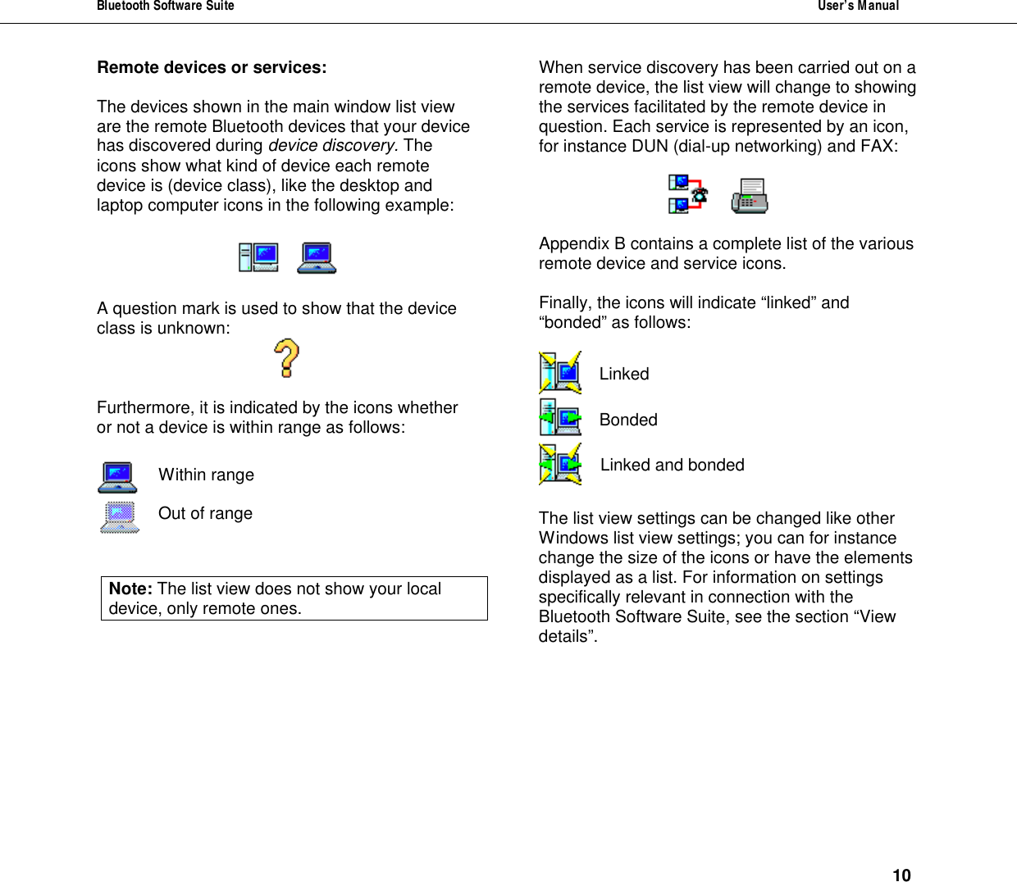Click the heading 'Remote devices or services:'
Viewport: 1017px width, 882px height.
coord(212,68)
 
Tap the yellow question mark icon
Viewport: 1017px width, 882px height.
coord(286,358)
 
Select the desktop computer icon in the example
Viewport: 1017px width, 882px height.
coord(258,257)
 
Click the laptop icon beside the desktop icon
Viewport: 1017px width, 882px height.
coord(317,257)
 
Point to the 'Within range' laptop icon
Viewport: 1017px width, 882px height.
coord(118,478)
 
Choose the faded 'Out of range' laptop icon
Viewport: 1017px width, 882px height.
coord(120,517)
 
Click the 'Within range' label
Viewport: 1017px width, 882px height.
coord(206,475)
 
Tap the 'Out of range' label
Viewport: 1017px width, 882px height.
coord(205,514)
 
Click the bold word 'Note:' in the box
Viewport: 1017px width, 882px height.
coord(130,589)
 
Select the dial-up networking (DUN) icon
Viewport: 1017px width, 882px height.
coord(687,194)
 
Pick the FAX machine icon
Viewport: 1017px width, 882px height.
coord(750,196)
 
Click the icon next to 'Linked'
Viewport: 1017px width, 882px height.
coord(560,373)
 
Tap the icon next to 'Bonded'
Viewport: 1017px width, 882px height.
coord(560,417)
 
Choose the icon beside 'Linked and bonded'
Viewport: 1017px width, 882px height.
coord(560,464)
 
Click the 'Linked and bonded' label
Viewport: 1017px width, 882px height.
coord(672,466)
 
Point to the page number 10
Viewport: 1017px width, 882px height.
coord(901,875)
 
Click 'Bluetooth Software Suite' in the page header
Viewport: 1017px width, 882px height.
coord(166,6)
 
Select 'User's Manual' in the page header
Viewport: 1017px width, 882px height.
coord(858,6)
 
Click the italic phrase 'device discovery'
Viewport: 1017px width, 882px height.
coord(331,146)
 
